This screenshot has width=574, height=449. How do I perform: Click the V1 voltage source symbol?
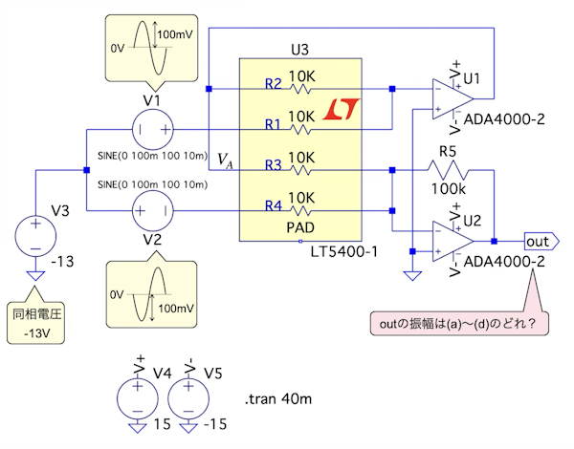152,128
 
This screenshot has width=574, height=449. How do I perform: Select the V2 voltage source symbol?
152,208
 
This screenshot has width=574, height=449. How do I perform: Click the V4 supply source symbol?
136,396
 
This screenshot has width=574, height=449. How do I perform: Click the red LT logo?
340,111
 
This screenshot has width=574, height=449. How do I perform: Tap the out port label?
541,242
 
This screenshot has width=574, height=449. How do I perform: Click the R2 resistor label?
273,85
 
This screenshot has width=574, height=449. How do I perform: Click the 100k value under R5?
448,190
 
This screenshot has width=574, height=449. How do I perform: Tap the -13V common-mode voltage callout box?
35,323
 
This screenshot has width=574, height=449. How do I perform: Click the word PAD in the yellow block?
300,229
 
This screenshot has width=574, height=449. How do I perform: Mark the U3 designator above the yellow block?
300,48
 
